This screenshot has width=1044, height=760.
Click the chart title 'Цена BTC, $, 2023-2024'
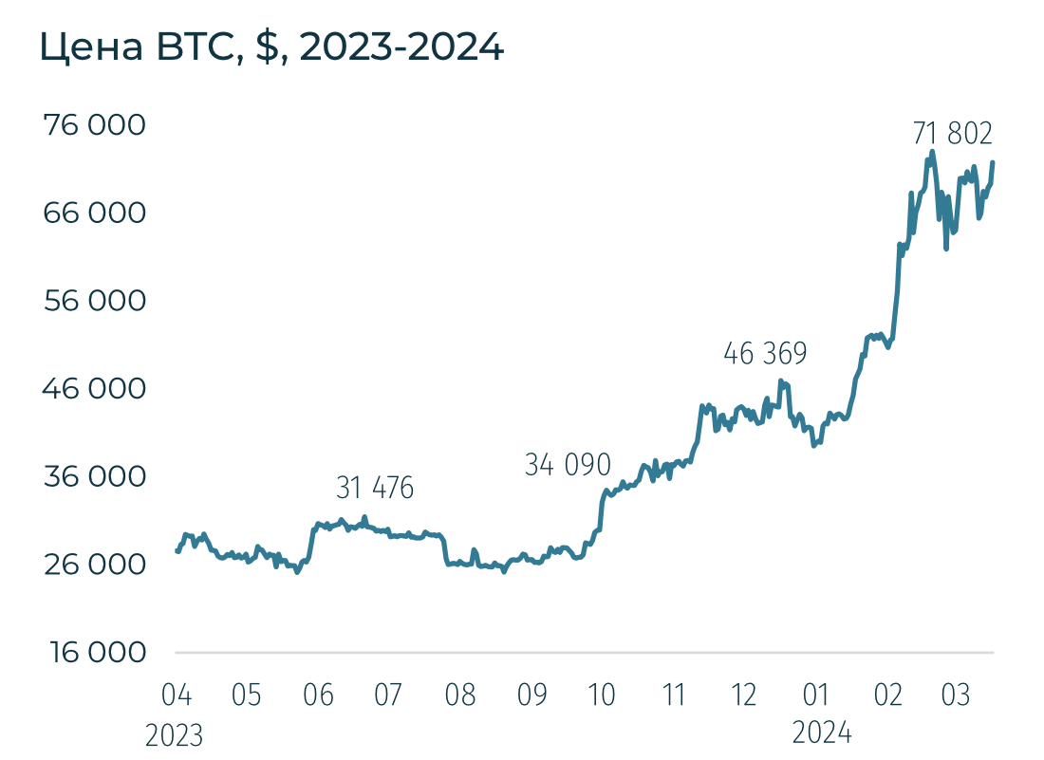[x=271, y=46]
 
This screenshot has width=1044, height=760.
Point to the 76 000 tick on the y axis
[x=95, y=125]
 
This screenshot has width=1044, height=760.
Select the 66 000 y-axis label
[x=95, y=213]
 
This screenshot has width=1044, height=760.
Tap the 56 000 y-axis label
[x=95, y=302]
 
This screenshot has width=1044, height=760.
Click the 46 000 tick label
[x=95, y=389]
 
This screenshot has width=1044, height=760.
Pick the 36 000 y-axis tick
[x=95, y=476]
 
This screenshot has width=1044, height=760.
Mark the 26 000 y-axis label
[x=95, y=565]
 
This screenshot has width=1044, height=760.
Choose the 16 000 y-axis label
[x=95, y=653]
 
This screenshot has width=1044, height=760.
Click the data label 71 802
[x=952, y=134]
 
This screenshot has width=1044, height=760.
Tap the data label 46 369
[x=765, y=355]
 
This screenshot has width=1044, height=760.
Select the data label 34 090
[x=568, y=465]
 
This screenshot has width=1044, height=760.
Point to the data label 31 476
[x=375, y=489]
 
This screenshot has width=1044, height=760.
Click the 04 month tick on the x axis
[x=177, y=695]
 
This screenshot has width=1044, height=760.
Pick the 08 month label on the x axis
[x=460, y=695]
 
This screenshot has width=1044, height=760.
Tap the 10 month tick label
[x=603, y=695]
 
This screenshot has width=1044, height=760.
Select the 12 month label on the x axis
[x=745, y=695]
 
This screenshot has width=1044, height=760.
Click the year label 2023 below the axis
[x=175, y=734]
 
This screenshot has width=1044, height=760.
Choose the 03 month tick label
[x=956, y=695]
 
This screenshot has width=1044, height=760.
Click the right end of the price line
[x=993, y=162]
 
